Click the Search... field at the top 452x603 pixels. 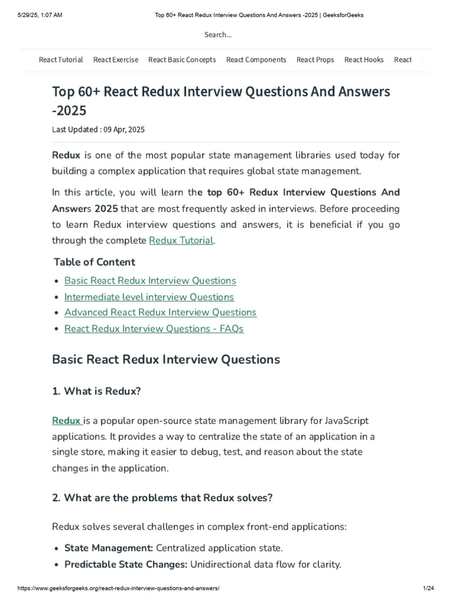218,35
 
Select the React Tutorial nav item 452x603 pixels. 61,59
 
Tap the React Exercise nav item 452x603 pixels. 116,59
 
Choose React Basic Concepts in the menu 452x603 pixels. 182,59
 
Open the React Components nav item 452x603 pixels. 256,59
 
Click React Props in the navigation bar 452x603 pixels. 315,59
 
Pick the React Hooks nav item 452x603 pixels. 364,59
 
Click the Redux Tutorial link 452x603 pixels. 181,240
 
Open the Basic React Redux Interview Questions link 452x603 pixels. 150,281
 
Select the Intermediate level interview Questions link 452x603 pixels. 149,297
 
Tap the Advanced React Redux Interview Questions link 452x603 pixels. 160,312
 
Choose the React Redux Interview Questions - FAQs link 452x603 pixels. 154,329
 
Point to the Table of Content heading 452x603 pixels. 94,262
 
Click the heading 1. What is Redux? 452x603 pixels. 97,391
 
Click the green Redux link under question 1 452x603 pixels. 67,420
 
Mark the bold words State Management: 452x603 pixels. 108,548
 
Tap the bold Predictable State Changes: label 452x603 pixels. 125,564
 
